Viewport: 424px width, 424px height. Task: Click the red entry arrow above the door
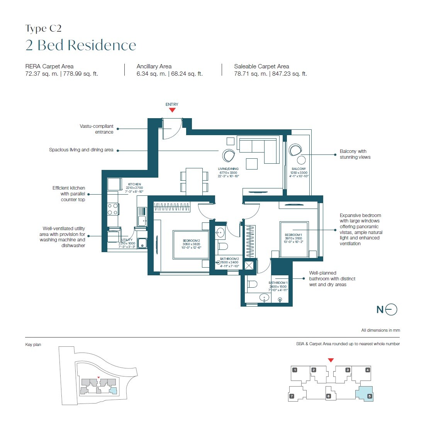point(172,110)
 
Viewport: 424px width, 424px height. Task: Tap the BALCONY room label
point(299,169)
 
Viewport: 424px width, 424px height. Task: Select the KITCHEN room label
point(134,184)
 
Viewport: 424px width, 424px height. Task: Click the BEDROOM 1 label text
point(293,235)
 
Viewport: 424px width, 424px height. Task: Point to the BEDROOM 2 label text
point(192,241)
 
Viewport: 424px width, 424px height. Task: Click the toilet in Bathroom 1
point(252,285)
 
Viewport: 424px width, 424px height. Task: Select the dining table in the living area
point(194,181)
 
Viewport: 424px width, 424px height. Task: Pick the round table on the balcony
point(301,160)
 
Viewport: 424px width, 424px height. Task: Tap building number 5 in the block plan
point(369,396)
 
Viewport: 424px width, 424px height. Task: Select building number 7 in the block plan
point(292,396)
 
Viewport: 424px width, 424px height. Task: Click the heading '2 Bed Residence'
point(81,45)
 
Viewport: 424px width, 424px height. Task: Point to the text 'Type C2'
point(43,29)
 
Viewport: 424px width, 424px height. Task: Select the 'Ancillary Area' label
point(154,66)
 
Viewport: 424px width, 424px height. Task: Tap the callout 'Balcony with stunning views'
point(354,154)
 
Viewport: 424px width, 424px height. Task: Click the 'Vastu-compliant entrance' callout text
point(97,129)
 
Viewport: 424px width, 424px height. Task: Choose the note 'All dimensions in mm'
point(380,330)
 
